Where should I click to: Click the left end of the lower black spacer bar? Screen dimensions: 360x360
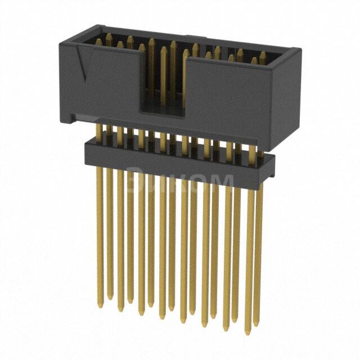click(88, 153)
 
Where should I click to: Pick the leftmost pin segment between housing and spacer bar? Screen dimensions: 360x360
click(99, 132)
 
